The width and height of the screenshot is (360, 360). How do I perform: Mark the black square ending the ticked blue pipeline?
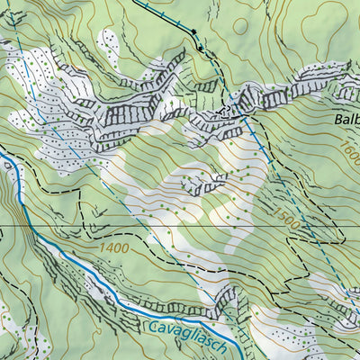click(193, 33)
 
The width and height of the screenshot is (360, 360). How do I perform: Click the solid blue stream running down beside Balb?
click(257, 144)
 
